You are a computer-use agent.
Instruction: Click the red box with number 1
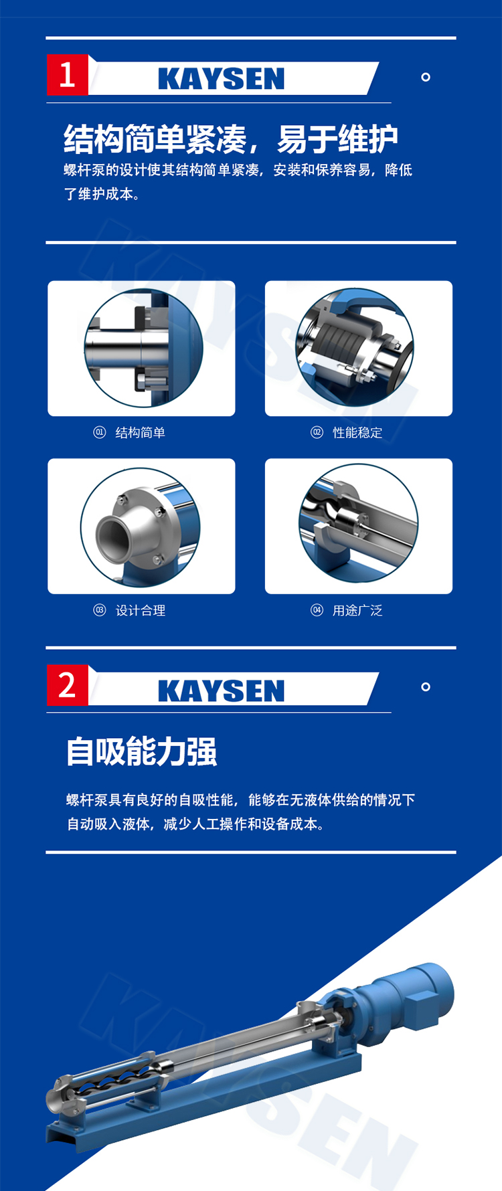click(x=67, y=75)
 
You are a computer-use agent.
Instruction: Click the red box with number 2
click(x=67, y=685)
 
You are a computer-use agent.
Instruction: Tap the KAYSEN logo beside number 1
click(x=222, y=79)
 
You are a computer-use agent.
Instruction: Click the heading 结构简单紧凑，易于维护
click(x=231, y=139)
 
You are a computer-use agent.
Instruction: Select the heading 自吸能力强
click(x=141, y=751)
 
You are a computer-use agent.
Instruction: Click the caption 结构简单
click(x=141, y=433)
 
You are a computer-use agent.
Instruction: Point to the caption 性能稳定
click(x=357, y=433)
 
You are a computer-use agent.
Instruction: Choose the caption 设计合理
click(x=141, y=610)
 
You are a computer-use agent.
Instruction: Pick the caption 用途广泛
click(x=357, y=610)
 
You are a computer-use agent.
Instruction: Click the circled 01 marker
click(x=100, y=432)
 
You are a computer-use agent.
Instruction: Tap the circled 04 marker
click(x=317, y=610)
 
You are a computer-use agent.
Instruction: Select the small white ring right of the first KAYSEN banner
click(x=425, y=77)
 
